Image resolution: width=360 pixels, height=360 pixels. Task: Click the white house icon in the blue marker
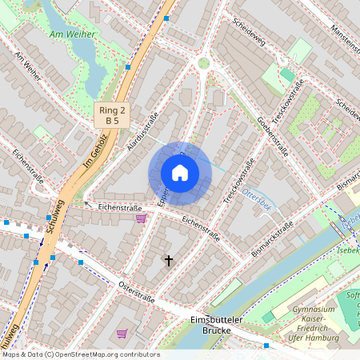180,173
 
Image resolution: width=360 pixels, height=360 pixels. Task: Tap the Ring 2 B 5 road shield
112,114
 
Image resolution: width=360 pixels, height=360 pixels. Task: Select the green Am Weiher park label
72,34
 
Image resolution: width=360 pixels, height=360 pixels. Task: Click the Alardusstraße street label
143,131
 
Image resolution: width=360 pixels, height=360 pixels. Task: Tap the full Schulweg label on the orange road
55,217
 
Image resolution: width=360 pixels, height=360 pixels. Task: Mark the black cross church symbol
168,260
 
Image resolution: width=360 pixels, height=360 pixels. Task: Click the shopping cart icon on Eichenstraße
141,218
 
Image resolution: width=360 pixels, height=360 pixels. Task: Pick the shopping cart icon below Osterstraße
122,333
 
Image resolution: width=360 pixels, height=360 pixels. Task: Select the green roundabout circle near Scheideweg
203,62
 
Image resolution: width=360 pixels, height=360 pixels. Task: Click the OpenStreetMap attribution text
80,354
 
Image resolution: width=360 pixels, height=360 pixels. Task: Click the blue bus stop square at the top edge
166,18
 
